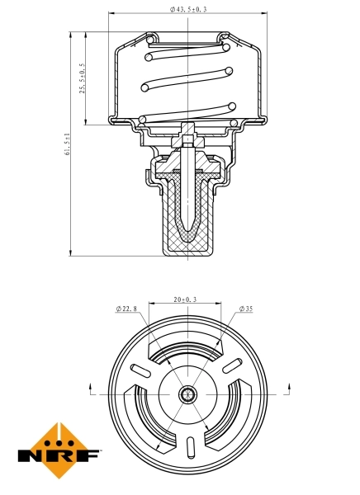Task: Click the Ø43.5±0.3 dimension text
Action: (187, 9)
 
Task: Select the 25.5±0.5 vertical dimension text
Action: (82, 78)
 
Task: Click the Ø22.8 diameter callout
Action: (126, 309)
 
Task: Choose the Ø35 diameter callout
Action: (245, 309)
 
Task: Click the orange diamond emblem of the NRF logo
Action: (60, 450)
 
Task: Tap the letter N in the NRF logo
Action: (31, 455)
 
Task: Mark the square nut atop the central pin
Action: (189, 129)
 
